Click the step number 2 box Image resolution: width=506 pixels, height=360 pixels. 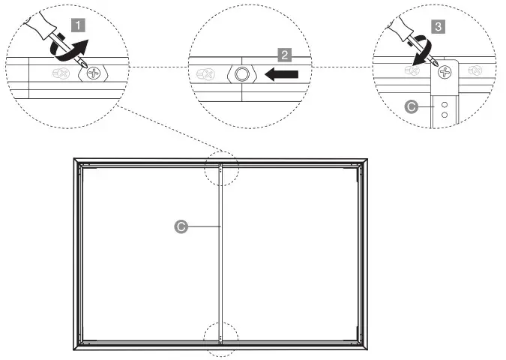[284, 54]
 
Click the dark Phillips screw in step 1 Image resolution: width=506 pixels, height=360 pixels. [94, 73]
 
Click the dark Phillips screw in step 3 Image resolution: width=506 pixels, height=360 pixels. [446, 73]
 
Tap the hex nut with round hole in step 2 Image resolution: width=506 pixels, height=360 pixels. [241, 74]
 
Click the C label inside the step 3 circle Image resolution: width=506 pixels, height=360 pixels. [411, 107]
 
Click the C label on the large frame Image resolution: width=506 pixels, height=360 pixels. [180, 225]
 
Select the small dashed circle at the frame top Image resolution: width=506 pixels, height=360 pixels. [220, 171]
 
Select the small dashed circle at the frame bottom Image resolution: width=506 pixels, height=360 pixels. [220, 338]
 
